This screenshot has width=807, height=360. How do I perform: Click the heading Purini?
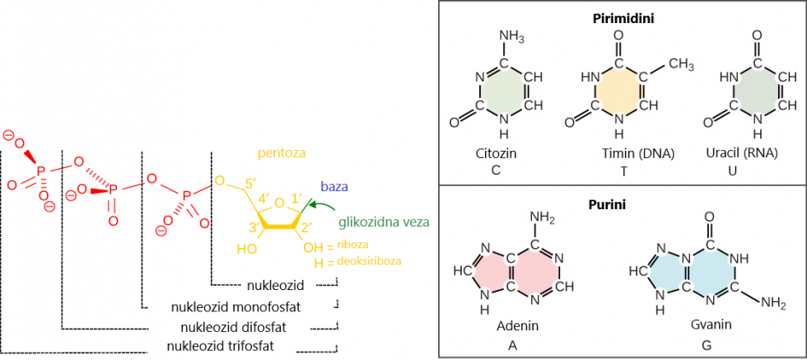[623, 203]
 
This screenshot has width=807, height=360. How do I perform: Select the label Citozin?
[497, 154]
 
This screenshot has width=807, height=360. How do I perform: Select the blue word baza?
[334, 188]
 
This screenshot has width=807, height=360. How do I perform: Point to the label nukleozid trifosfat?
[220, 345]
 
